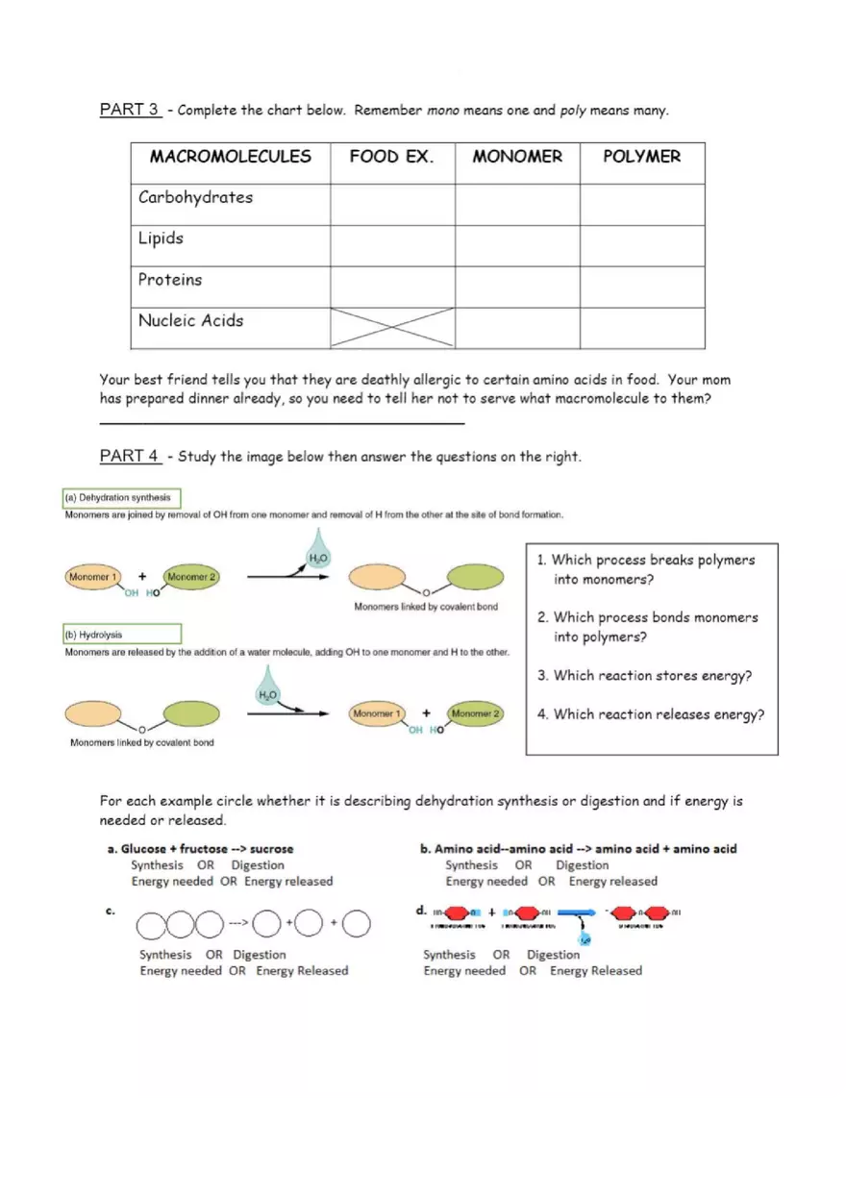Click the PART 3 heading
pyautogui.click(x=130, y=110)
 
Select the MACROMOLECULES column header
pyautogui.click(x=230, y=157)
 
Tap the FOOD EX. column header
pyautogui.click(x=391, y=157)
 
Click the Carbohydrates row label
pyautogui.click(x=195, y=198)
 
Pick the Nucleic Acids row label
pyautogui.click(x=190, y=321)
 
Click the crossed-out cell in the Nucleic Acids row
pyautogui.click(x=392, y=328)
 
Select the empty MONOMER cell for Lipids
pyautogui.click(x=517, y=246)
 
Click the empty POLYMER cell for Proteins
pyautogui.click(x=642, y=287)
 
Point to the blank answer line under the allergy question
pyautogui.click(x=282, y=422)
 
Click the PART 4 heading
pyautogui.click(x=130, y=456)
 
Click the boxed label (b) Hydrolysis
pyautogui.click(x=121, y=635)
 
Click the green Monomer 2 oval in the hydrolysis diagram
pyautogui.click(x=476, y=713)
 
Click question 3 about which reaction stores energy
pyautogui.click(x=644, y=676)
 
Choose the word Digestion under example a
pyautogui.click(x=258, y=865)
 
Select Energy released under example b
pyautogui.click(x=612, y=882)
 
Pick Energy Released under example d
pyautogui.click(x=595, y=971)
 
